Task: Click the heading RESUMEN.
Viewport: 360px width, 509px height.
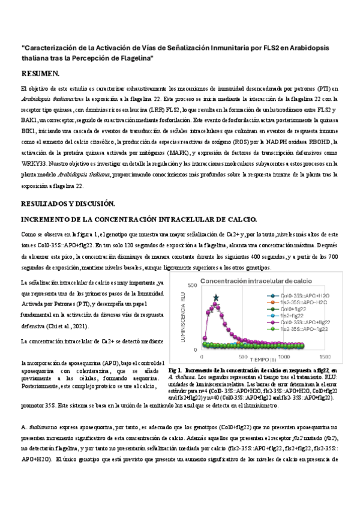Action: [40, 74]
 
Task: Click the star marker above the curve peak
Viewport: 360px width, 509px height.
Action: [216, 297]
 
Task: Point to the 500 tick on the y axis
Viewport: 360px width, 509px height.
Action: [192, 286]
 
